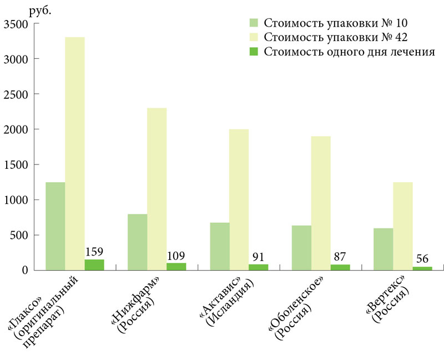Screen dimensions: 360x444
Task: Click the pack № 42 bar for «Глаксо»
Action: click(x=75, y=153)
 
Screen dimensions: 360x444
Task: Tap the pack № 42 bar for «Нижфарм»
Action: click(x=157, y=189)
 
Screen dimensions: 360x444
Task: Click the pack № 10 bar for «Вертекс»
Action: click(x=383, y=249)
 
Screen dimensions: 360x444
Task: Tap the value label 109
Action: click(x=176, y=256)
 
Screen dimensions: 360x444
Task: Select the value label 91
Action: click(x=259, y=257)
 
